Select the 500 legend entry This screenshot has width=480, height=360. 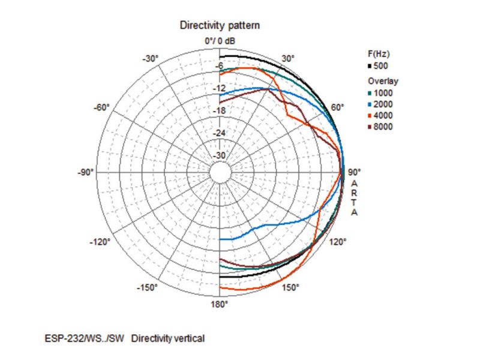click(380, 65)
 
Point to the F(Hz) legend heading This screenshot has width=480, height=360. click(379, 54)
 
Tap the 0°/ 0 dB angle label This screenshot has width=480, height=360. click(220, 41)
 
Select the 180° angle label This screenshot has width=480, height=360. click(220, 304)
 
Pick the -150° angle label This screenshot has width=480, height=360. click(147, 288)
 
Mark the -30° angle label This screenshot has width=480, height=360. click(149, 58)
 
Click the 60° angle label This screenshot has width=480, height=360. click(338, 107)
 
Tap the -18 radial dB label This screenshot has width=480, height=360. click(220, 111)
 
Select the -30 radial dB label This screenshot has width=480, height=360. click(220, 155)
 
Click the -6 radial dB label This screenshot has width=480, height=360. click(220, 67)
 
